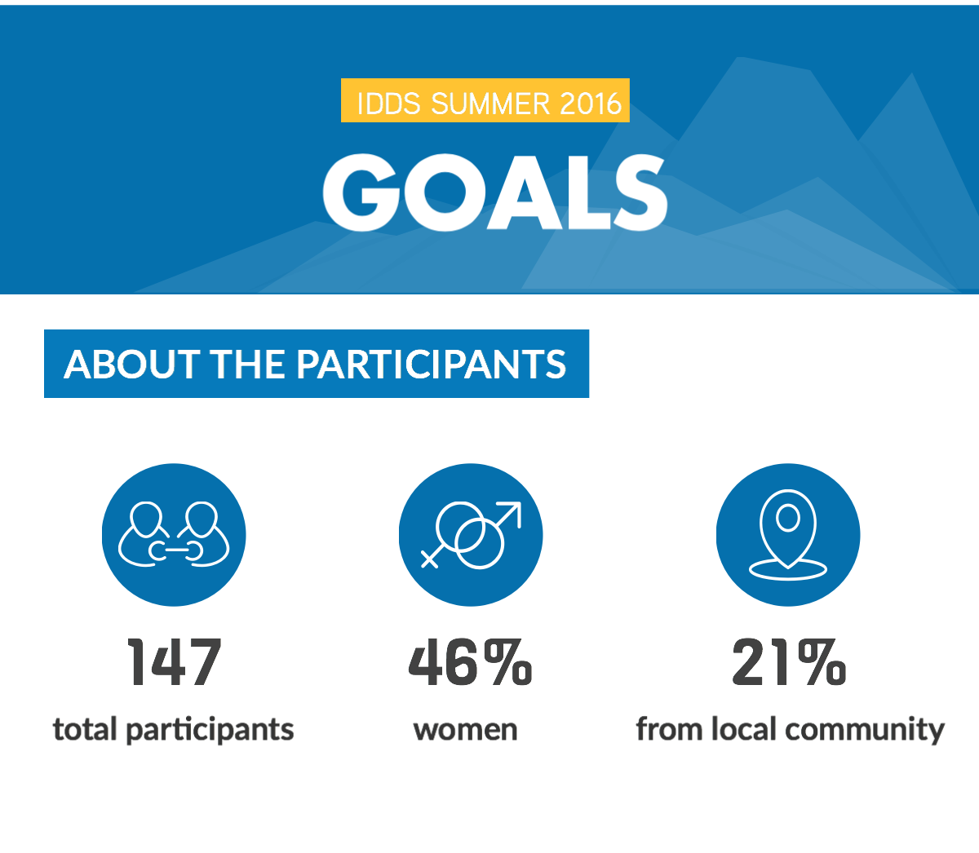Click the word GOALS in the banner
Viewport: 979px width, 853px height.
click(495, 192)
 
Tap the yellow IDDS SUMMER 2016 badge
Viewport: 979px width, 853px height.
click(485, 100)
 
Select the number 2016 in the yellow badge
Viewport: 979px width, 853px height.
click(591, 104)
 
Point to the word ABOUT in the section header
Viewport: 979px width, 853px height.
click(131, 365)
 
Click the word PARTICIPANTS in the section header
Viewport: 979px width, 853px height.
click(432, 365)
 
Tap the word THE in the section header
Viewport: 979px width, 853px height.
click(248, 365)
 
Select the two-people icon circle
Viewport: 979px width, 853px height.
click(174, 535)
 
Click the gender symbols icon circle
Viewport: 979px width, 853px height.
click(471, 535)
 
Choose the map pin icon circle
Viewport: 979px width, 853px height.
click(788, 535)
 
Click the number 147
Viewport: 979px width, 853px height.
click(174, 662)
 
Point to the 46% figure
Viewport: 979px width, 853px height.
click(470, 662)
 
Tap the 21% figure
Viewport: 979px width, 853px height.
click(789, 662)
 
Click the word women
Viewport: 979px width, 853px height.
click(466, 730)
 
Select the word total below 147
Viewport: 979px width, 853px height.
click(85, 729)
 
